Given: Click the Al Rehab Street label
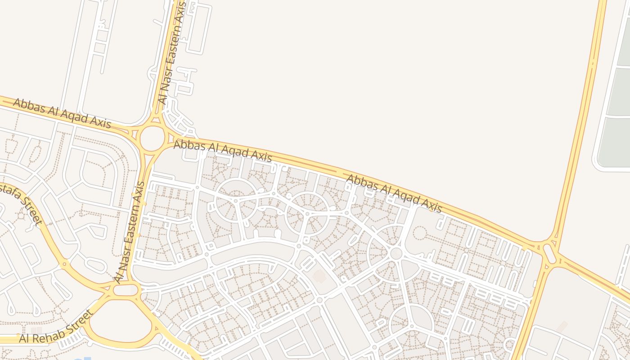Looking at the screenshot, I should (55, 328).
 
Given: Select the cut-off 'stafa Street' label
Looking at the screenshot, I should (21, 204).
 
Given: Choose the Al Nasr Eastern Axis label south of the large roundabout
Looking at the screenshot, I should (130, 232).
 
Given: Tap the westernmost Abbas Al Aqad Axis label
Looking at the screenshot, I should (62, 113).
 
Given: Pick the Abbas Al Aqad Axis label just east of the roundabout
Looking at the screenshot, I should (223, 151).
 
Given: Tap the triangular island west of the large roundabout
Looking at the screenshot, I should (134, 133).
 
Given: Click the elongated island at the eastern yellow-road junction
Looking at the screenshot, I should (549, 253).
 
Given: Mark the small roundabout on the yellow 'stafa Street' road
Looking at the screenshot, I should (64, 261).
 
